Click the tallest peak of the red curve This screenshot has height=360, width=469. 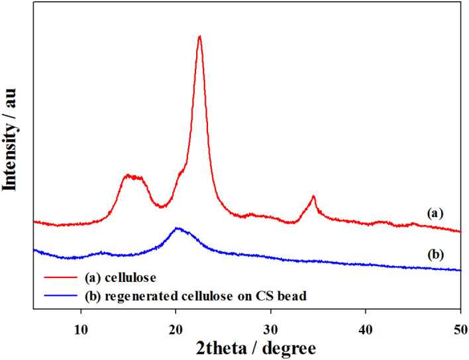(x=199, y=36)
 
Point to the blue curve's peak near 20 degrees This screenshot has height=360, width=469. (x=177, y=228)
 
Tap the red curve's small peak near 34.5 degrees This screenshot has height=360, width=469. (x=313, y=197)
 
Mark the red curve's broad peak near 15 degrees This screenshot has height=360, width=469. (x=132, y=176)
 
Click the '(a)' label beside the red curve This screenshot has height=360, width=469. (x=433, y=213)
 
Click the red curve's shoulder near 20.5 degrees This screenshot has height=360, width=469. (x=180, y=173)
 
